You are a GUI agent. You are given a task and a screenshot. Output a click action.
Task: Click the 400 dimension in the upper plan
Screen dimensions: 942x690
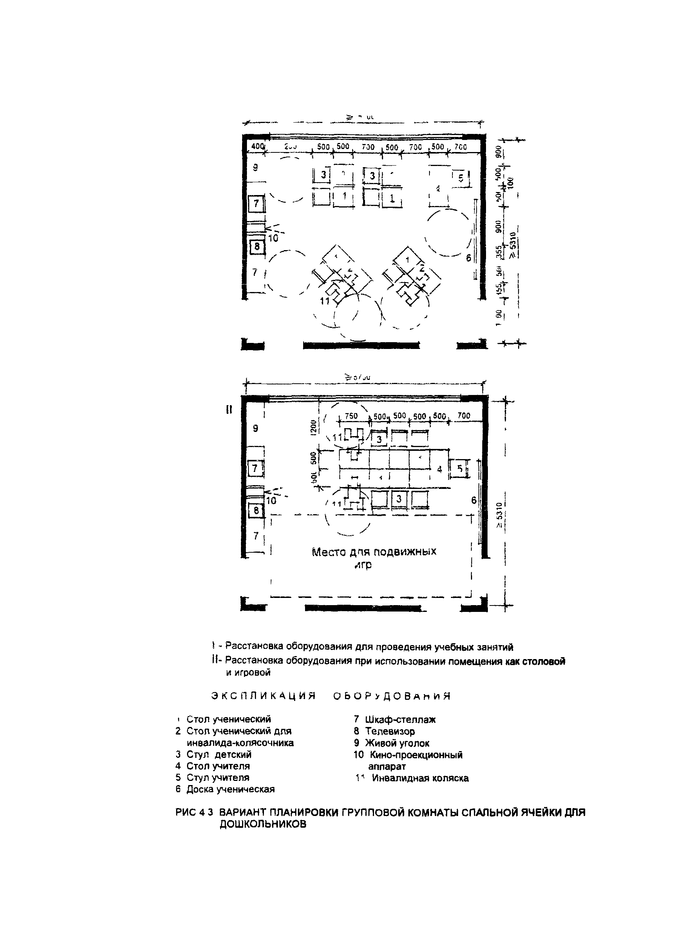point(258,146)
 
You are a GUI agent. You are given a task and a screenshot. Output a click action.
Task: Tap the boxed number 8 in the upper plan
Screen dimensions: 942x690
point(256,247)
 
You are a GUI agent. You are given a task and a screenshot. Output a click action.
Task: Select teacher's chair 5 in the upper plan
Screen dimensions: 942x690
point(461,178)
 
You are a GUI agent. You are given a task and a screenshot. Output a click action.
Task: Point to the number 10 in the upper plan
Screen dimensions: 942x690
point(273,239)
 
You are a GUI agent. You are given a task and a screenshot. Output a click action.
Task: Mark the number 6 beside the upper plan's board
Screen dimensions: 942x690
point(469,258)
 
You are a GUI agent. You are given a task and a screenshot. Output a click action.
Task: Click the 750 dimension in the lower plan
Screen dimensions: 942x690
point(351,416)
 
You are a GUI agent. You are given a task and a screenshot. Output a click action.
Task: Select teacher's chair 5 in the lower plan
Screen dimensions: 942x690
point(460,469)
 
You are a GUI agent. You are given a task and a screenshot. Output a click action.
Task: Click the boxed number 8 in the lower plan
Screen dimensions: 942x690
point(256,511)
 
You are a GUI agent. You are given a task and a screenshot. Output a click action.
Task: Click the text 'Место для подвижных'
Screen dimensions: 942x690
point(374,552)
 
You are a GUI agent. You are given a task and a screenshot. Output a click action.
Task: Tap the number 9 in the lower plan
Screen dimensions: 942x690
point(256,429)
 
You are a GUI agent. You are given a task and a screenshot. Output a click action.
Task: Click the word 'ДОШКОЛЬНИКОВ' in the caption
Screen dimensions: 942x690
point(263,824)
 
